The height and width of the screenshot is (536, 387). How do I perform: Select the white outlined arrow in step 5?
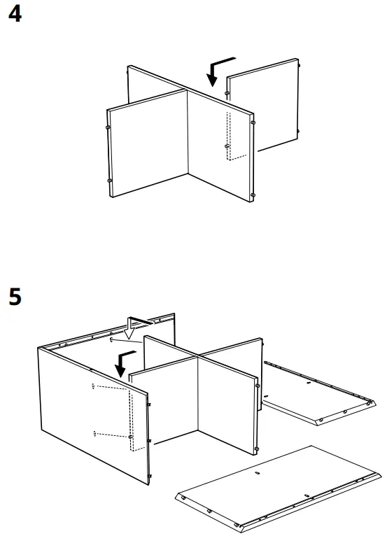130,325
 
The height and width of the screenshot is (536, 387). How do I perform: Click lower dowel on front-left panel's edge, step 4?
110,181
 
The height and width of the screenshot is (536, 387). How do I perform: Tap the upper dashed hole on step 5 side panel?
94,386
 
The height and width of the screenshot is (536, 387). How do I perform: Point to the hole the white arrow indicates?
112,339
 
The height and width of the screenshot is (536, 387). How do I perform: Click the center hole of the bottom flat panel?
257,473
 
